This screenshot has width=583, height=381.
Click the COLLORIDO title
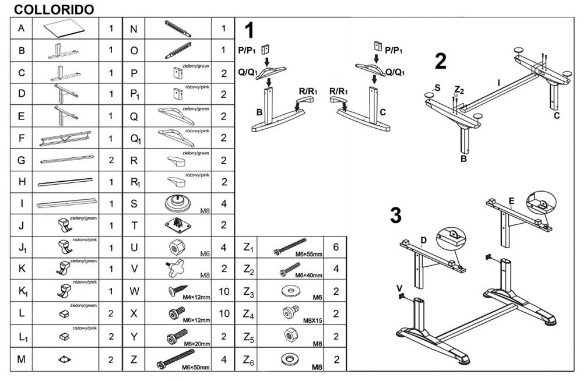[x=53, y=10]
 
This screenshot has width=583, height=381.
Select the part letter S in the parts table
[x=134, y=203]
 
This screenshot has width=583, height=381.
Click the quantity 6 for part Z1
[x=335, y=247]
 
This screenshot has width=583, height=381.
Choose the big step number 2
[x=441, y=61]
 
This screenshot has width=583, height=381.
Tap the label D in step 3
[x=424, y=240]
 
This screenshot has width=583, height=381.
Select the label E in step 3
[x=511, y=202]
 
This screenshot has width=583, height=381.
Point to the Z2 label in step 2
[x=459, y=90]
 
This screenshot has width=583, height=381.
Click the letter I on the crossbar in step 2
[x=498, y=83]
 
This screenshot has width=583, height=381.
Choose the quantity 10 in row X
[x=223, y=313]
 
